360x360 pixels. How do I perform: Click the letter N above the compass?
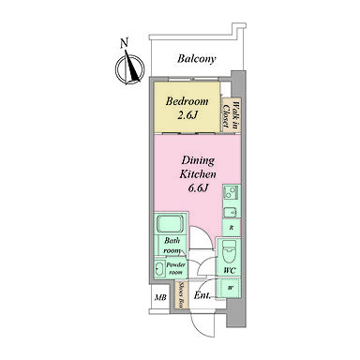125,43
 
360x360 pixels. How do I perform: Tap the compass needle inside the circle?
131,67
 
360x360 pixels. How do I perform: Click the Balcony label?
197,59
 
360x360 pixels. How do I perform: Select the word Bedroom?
187,101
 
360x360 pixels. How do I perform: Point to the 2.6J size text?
187,115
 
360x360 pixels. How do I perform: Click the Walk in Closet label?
231,112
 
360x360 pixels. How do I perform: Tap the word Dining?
198,160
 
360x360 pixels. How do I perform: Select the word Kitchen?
198,174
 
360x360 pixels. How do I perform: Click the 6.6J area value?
198,188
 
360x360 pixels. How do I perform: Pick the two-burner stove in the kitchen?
232,192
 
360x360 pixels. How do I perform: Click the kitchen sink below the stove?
232,213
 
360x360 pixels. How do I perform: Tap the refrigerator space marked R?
232,228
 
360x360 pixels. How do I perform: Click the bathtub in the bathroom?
171,224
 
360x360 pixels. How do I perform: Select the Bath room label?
172,246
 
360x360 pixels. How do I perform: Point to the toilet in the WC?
230,251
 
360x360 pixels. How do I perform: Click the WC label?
230,271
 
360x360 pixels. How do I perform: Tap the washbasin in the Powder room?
159,269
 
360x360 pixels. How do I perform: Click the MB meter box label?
160,297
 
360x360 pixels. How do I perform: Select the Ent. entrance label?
202,295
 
